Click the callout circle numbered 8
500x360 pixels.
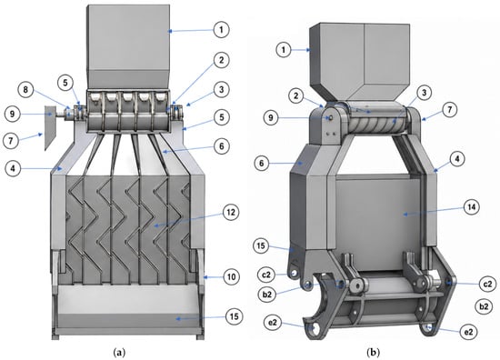click(25, 90)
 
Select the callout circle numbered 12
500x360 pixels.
click(231, 212)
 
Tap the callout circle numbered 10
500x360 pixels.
click(232, 276)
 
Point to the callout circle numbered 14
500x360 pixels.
click(471, 207)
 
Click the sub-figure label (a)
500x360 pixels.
click(119, 353)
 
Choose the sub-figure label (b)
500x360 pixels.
click(373, 353)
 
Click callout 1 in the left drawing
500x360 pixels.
click(221, 30)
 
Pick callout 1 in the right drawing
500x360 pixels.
click(284, 50)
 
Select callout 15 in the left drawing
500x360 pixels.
click(234, 316)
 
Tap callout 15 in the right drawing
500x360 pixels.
click(261, 246)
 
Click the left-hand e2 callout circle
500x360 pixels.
click(273, 323)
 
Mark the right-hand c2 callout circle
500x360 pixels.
click(488, 284)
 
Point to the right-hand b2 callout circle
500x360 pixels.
click(484, 306)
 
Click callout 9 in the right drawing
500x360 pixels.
click(271, 118)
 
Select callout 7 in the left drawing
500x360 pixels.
click(11, 140)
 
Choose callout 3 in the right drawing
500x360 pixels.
click(424, 93)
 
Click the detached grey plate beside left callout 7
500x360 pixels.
click(50, 127)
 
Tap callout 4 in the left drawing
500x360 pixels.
click(13, 168)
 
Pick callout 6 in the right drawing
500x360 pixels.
click(262, 164)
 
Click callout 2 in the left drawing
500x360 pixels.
click(221, 60)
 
